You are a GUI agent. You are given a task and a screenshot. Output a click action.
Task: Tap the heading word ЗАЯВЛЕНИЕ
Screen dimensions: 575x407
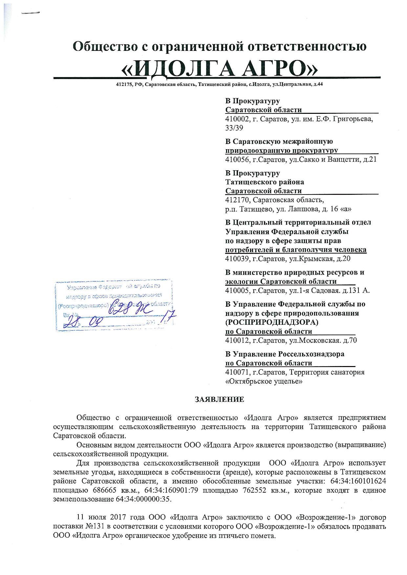click(x=219, y=399)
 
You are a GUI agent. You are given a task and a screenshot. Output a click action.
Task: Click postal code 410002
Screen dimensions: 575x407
click(x=237, y=119)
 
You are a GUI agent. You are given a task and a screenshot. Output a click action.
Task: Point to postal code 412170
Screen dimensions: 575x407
click(x=237, y=200)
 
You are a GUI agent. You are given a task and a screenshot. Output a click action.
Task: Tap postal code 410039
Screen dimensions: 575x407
click(x=237, y=259)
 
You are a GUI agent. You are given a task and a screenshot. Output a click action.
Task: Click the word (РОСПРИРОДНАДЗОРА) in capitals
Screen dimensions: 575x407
click(x=272, y=322)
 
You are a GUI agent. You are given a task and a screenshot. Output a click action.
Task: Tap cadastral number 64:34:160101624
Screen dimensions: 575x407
click(x=357, y=481)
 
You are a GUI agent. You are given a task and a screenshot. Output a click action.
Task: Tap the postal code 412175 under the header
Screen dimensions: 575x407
click(x=122, y=84)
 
